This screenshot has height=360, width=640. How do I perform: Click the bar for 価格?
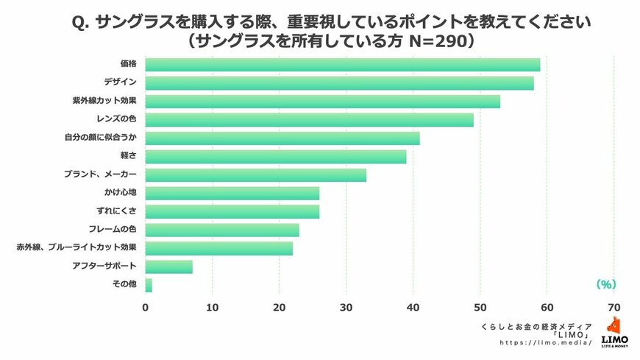pyautogui.click(x=343, y=65)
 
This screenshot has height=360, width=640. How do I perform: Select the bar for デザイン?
pyautogui.click(x=339, y=83)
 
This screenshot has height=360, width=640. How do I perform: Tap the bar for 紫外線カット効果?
pyautogui.click(x=323, y=102)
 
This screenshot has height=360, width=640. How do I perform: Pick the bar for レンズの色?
pyautogui.click(x=310, y=119)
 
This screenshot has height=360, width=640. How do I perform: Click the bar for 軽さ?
pyautogui.click(x=276, y=156)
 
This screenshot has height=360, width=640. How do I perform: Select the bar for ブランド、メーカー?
pyautogui.click(x=256, y=174)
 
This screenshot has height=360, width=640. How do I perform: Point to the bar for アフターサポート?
pyautogui.click(x=169, y=267)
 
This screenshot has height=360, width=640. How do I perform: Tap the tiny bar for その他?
pyautogui.click(x=149, y=285)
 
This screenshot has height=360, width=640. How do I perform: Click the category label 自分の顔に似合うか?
pyautogui.click(x=103, y=138)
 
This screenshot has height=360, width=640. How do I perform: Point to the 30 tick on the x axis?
pyautogui.click(x=346, y=308)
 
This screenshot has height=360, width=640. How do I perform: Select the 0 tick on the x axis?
pyautogui.click(x=146, y=308)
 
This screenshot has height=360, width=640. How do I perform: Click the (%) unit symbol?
pyautogui.click(x=605, y=283)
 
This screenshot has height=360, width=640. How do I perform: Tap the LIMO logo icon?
pyautogui.click(x=614, y=327)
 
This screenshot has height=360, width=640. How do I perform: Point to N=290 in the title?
pyautogui.click(x=438, y=42)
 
